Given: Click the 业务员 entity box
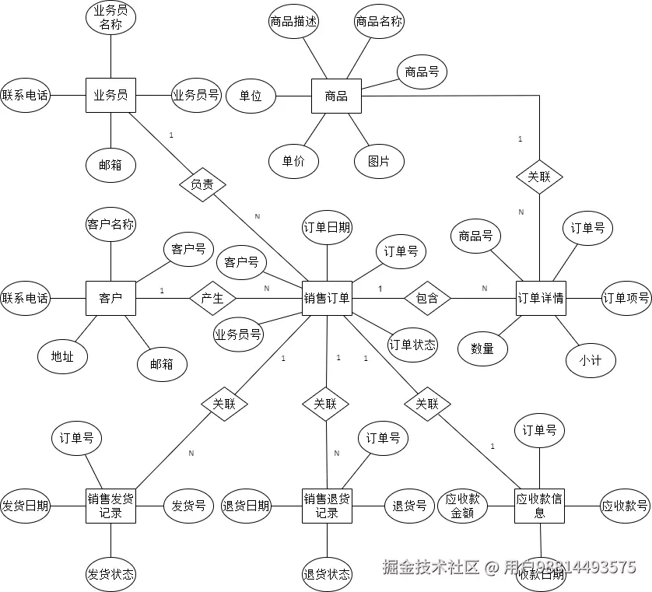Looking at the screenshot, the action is coord(110,95).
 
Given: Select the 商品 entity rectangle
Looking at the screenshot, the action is coord(336,96).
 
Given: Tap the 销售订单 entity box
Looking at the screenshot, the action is coord(327,297).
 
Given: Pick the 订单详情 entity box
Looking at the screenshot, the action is coord(541,297).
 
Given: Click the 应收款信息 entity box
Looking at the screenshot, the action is coord(539,506).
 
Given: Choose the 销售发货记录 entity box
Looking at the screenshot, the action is coord(110,506).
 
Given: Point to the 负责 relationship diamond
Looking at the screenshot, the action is coord(202,184).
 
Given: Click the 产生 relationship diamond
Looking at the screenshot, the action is coord(212,297).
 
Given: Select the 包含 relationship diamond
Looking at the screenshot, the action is coord(427,297).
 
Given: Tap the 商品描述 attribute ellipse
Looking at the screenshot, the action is coord(293,22).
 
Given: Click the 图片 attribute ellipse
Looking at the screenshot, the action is coord(378,161).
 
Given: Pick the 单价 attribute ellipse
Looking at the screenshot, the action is coord(293,161).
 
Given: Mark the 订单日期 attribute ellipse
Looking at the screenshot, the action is coord(327,227).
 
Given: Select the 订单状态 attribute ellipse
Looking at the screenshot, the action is coord(412,344).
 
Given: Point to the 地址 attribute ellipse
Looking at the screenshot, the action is coord(62,356).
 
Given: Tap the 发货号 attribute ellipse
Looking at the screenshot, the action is coord(188,506).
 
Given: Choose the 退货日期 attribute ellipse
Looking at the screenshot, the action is coord(246,506).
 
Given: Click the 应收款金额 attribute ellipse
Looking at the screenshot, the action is coord(462,506).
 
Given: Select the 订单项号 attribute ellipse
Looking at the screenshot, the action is coord(626,297).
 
